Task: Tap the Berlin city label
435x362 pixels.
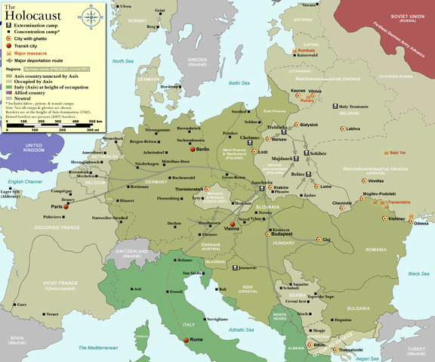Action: click(x=201, y=150)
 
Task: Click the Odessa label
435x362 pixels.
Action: click(x=420, y=223)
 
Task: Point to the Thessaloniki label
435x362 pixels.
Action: click(x=350, y=350)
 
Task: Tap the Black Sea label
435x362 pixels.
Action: click(x=418, y=274)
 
